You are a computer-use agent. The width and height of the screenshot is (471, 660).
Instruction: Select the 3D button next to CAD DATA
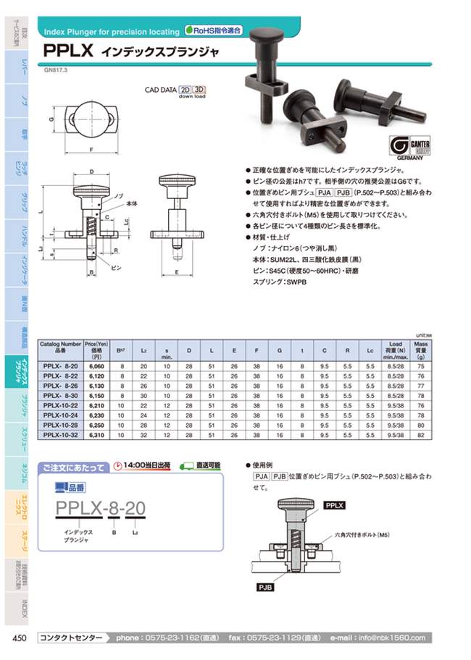coord(199,90)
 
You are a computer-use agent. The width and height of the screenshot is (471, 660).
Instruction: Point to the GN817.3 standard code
coord(56,70)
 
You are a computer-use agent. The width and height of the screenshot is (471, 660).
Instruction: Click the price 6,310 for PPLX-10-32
coord(94,436)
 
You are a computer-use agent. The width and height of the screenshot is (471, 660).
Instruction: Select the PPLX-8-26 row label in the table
coord(61,386)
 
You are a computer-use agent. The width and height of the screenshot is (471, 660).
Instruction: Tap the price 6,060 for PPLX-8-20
coord(94,367)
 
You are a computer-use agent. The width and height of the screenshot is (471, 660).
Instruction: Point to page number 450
coord(20,638)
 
